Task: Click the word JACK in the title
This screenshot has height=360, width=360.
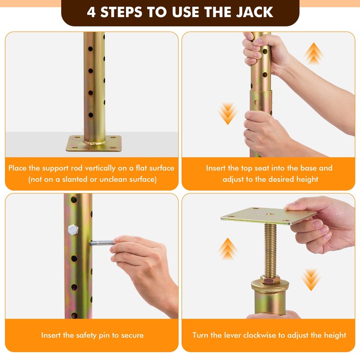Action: (255, 12)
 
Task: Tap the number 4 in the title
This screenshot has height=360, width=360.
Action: (91, 12)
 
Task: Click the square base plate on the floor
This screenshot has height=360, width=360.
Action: (94, 144)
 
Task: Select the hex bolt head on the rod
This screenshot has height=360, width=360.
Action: (73, 229)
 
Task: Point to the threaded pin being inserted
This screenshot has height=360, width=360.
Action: (103, 243)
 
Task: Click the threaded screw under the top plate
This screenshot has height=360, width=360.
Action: (270, 250)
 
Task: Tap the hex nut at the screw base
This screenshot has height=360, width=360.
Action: (270, 279)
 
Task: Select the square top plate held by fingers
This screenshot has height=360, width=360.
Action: (269, 216)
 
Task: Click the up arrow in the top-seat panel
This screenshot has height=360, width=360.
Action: (313, 53)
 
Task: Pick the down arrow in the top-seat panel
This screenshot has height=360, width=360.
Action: (228, 114)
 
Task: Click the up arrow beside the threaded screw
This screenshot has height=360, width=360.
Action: (228, 249)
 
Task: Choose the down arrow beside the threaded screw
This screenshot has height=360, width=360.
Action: (311, 280)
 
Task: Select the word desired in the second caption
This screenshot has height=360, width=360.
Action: (281, 179)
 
